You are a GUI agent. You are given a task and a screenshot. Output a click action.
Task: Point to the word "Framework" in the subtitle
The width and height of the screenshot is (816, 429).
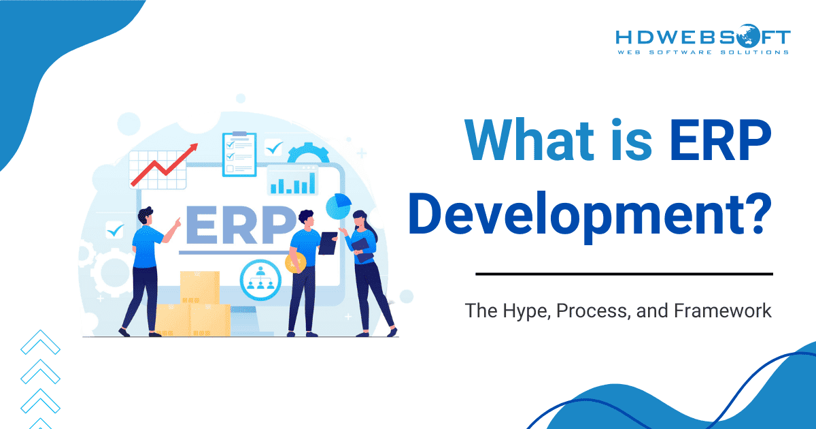pyautogui.click(x=723, y=311)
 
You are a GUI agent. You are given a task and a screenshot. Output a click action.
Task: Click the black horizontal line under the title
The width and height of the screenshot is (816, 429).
pyautogui.click(x=624, y=274)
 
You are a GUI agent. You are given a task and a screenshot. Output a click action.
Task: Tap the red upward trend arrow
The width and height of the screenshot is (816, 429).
pyautogui.click(x=163, y=165)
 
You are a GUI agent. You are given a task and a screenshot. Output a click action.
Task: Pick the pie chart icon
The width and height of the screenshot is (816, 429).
pyautogui.click(x=339, y=204)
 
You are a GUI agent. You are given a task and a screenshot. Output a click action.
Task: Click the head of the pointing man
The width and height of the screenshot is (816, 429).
pyautogui.click(x=146, y=217)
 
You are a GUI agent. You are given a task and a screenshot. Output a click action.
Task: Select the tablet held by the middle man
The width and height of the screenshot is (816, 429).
pyautogui.click(x=328, y=243)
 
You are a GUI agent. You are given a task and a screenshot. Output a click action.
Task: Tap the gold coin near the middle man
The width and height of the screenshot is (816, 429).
pyautogui.click(x=295, y=263)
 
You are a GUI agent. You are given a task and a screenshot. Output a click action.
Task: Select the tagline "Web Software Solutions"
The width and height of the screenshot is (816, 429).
pyautogui.click(x=702, y=52)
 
